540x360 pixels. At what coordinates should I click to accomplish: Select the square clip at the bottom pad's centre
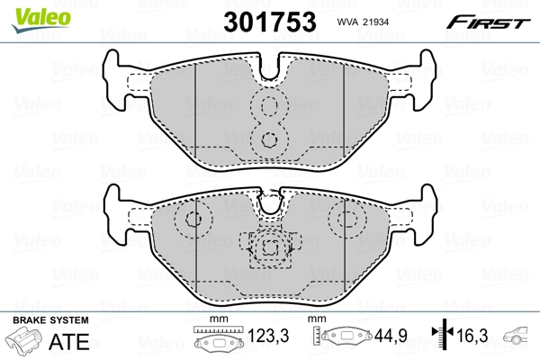pyautogui.click(x=268, y=247)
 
